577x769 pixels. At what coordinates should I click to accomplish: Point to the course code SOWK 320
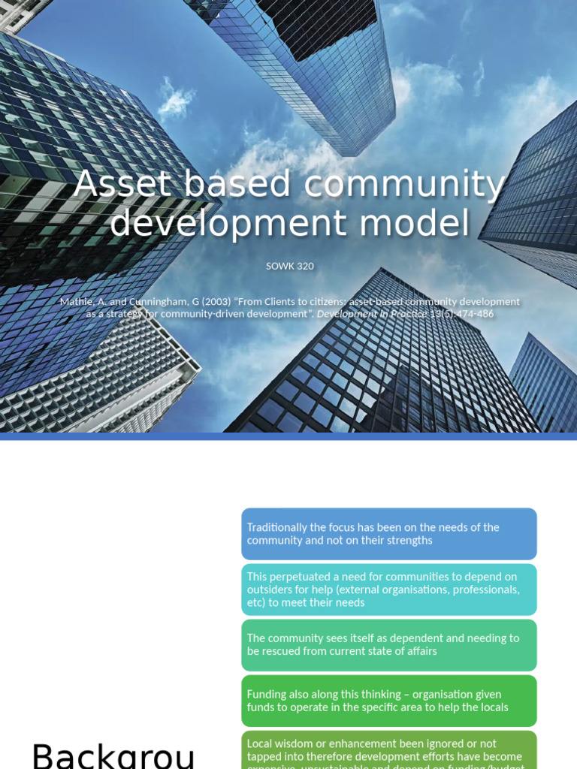289,266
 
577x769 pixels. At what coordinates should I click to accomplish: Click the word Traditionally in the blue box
276,527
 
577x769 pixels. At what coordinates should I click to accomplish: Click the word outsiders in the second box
268,590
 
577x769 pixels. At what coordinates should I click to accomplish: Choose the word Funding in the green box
266,694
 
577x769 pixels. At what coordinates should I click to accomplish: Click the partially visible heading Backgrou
113,755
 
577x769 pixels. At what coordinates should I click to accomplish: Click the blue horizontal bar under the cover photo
288,436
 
